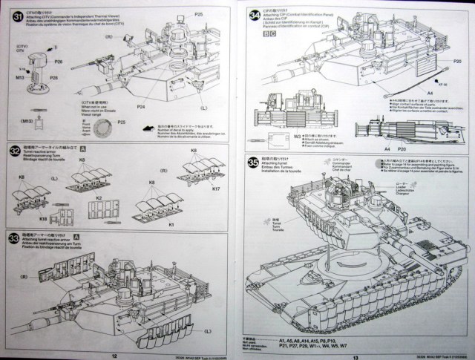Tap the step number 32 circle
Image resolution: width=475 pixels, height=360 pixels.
13,149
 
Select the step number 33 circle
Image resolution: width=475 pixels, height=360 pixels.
13,238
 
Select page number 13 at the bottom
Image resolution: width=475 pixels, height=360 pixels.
356,354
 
